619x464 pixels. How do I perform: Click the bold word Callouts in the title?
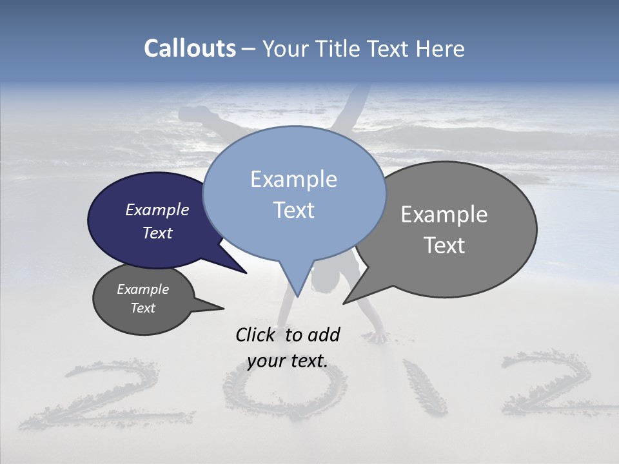pyautogui.click(x=190, y=48)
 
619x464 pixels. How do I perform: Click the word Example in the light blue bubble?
pyautogui.click(x=293, y=179)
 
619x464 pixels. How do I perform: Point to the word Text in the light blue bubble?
pyautogui.click(x=293, y=210)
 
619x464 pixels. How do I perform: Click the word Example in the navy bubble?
pyautogui.click(x=157, y=209)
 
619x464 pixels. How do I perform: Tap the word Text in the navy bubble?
pyautogui.click(x=157, y=233)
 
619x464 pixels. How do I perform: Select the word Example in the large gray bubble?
pyautogui.click(x=444, y=215)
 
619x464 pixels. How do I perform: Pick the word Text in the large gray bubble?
pyautogui.click(x=444, y=246)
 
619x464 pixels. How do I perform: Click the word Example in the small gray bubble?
pyautogui.click(x=142, y=289)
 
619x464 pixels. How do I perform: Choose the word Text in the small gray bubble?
pyautogui.click(x=142, y=308)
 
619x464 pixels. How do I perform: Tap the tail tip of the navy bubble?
pyautogui.click(x=246, y=273)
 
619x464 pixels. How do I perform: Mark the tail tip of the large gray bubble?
pyautogui.click(x=344, y=303)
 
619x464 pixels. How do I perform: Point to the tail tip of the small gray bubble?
pyautogui.click(x=223, y=308)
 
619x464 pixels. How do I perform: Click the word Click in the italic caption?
pyautogui.click(x=257, y=334)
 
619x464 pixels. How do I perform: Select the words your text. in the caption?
pyautogui.click(x=288, y=362)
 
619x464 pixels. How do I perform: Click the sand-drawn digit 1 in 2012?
pyautogui.click(x=426, y=387)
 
